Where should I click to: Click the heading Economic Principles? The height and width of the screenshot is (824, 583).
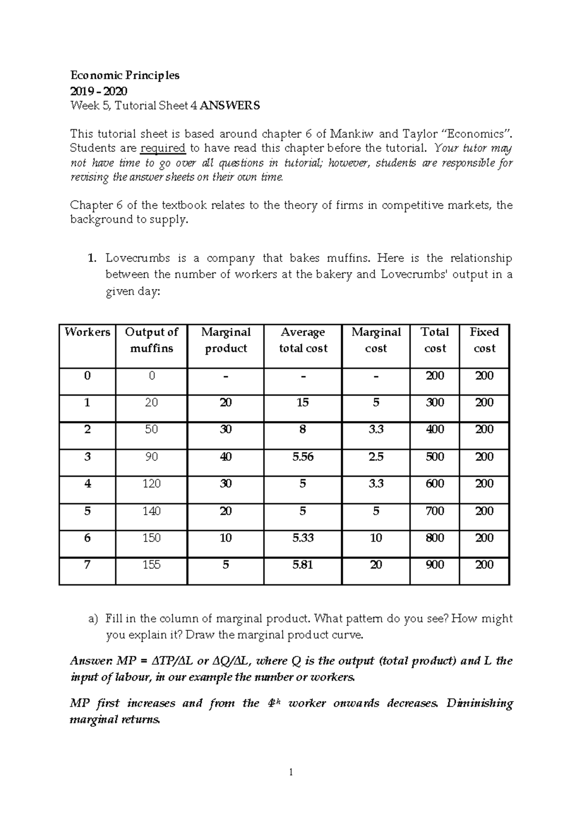pos(125,75)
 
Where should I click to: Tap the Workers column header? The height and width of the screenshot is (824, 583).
pos(87,332)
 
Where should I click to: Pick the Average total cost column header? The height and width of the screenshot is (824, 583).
pos(303,340)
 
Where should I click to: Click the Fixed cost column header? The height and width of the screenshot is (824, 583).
pos(484,340)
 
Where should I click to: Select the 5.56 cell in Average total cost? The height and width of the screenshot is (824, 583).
pos(303,457)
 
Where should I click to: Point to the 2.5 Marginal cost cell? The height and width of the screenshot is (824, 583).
pos(376,457)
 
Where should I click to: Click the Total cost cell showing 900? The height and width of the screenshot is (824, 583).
pos(435,565)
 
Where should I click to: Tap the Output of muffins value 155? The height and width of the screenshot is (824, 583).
pos(152,565)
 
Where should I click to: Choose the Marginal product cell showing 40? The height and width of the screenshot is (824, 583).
pos(226,457)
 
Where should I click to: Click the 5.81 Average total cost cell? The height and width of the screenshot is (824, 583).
pos(303,565)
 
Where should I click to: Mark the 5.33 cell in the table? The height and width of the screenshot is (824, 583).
pos(303,538)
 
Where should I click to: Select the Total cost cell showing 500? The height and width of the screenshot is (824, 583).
pos(435,457)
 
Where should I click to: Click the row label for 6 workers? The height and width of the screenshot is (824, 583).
pos(87,538)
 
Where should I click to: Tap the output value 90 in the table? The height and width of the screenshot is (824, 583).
pos(152,457)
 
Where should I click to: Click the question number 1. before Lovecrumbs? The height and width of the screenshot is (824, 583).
pos(92,258)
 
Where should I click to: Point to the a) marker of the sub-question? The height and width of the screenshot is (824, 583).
pos(93,619)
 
